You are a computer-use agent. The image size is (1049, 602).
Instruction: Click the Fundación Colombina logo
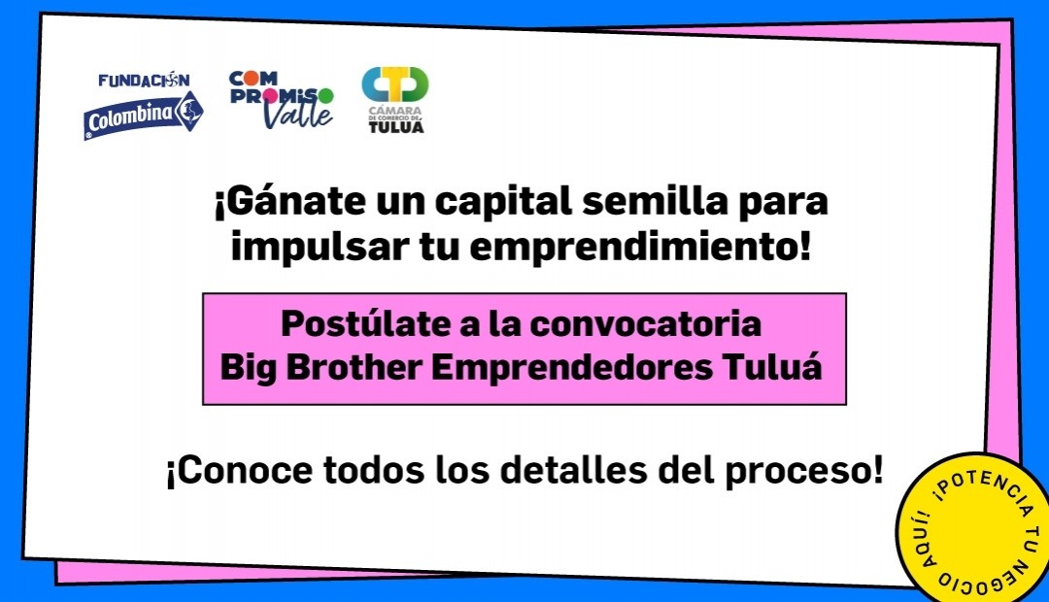click(x=143, y=106)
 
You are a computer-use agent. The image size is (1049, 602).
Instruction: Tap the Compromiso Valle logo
click(x=281, y=100)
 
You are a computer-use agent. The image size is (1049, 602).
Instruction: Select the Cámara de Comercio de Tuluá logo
click(x=395, y=100)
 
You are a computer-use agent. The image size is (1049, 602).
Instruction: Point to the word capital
click(x=504, y=202)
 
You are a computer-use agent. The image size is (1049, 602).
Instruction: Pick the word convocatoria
click(x=646, y=324)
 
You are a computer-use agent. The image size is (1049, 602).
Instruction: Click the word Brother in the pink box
click(x=355, y=367)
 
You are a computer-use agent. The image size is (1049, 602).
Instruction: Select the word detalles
click(x=574, y=470)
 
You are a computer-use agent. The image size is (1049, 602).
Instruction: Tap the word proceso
click(x=804, y=471)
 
